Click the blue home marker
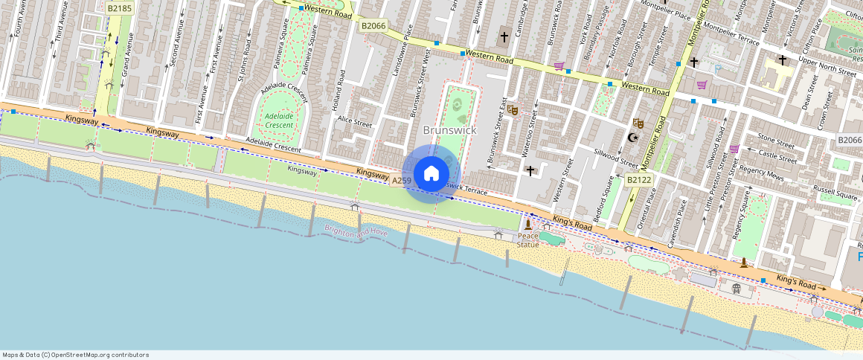tap(431, 174)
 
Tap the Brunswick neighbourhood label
tap(449, 130)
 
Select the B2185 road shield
tap(119, 8)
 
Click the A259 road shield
tap(402, 181)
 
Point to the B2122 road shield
tap(638, 179)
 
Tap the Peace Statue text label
tap(528, 240)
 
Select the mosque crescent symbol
tap(633, 138)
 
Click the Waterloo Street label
tap(527, 137)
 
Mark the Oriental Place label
tap(652, 209)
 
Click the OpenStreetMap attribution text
tap(75, 355)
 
